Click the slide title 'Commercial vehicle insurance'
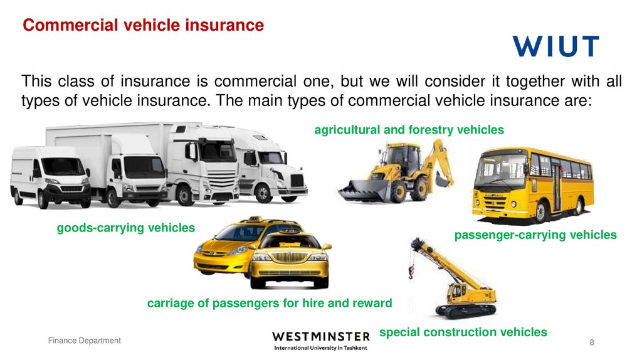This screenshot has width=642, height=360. tap(144, 26)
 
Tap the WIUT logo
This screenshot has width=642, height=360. tap(555, 46)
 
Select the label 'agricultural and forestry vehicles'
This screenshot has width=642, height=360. tap(409, 130)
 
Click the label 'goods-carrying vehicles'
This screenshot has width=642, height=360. tap(126, 228)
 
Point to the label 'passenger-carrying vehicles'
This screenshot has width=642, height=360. tap(535, 235)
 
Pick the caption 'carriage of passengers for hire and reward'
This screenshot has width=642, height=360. tap(269, 304)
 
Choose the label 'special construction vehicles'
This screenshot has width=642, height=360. tap(463, 332)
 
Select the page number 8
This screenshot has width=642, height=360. tap(592, 342)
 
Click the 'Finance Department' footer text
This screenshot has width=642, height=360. tap(85, 341)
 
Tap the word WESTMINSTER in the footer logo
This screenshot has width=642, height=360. tap(320, 336)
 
